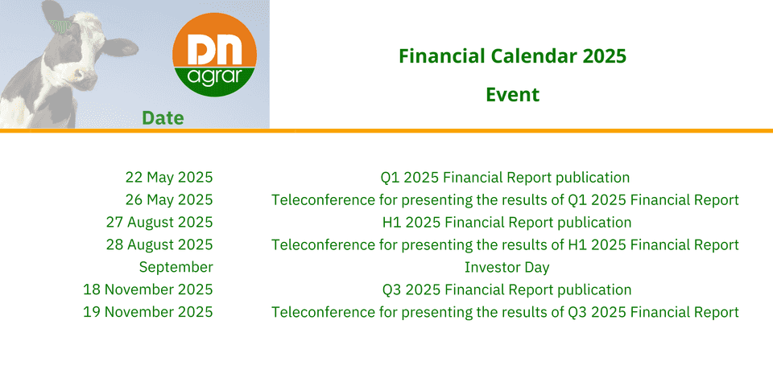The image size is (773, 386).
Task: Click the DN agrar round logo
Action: pyautogui.click(x=214, y=55)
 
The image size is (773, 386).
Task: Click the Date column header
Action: pyautogui.click(x=163, y=118)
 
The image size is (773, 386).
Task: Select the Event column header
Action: pyautogui.click(x=513, y=95)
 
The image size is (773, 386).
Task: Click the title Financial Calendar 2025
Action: pyautogui.click(x=513, y=56)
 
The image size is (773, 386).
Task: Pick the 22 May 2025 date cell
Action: pyautogui.click(x=169, y=177)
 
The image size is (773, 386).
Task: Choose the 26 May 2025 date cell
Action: pyautogui.click(x=169, y=200)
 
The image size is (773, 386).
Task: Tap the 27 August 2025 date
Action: pyautogui.click(x=159, y=223)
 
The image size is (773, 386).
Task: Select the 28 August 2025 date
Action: pyautogui.click(x=159, y=244)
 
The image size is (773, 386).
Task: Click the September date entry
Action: pyautogui.click(x=176, y=267)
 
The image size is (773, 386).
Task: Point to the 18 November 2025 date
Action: pyautogui.click(x=148, y=289)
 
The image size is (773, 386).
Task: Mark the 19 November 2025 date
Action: pyautogui.click(x=148, y=312)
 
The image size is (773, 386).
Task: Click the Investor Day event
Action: pyautogui.click(x=506, y=267)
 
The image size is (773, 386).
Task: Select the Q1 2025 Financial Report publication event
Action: pyautogui.click(x=506, y=177)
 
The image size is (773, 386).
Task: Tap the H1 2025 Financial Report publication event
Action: pyautogui.click(x=506, y=223)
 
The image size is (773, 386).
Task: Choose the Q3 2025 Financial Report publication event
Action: pyautogui.click(x=506, y=289)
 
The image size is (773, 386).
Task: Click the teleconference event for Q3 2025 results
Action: pyautogui.click(x=506, y=312)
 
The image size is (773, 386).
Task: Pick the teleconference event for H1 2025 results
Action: pyautogui.click(x=506, y=244)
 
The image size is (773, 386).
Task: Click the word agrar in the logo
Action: pyautogui.click(x=214, y=79)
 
